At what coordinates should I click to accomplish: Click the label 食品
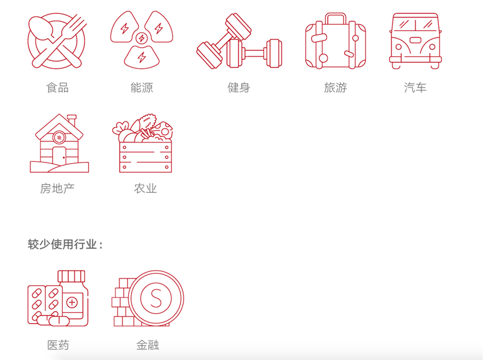click(x=57, y=88)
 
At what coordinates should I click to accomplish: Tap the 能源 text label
click(x=142, y=88)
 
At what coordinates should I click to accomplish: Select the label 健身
click(x=238, y=88)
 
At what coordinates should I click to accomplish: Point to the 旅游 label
click(x=336, y=88)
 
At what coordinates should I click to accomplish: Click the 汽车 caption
click(x=415, y=88)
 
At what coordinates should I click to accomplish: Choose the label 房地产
click(x=57, y=188)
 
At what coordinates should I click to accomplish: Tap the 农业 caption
click(x=146, y=188)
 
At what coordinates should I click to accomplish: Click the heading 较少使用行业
click(x=63, y=244)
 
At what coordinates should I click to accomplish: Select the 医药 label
click(x=58, y=345)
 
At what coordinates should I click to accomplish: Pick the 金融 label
click(x=147, y=345)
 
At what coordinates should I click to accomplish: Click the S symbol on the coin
click(x=156, y=298)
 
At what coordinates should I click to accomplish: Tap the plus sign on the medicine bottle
click(x=72, y=303)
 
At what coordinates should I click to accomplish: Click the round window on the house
click(x=59, y=137)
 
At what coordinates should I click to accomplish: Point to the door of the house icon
click(x=59, y=155)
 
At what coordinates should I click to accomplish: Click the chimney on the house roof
click(x=72, y=120)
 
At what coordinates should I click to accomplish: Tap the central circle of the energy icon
click(x=142, y=38)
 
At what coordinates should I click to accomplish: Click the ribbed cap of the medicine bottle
click(x=71, y=276)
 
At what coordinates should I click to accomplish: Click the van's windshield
click(x=415, y=24)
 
